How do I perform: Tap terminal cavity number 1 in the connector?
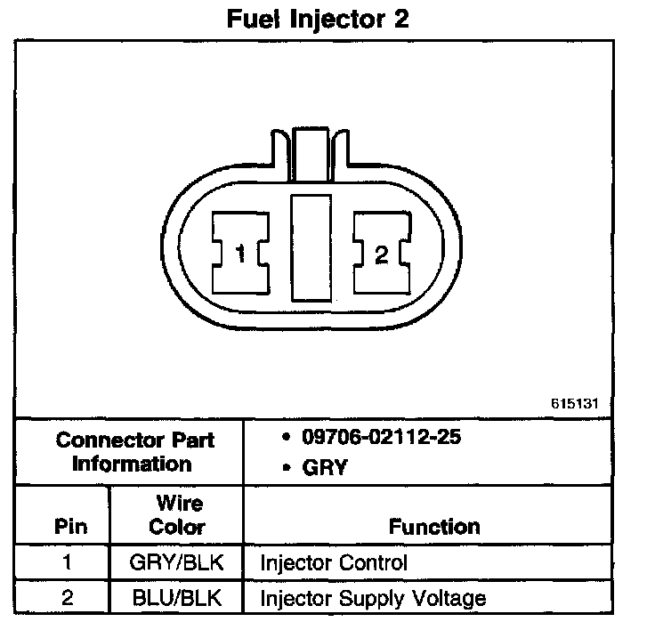pyautogui.click(x=240, y=255)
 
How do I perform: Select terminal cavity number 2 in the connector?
pyautogui.click(x=381, y=255)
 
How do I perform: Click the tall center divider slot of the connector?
pyautogui.click(x=311, y=246)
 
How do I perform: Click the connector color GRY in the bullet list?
pyautogui.click(x=325, y=468)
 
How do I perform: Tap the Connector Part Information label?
pyautogui.click(x=134, y=452)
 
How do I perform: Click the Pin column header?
pyautogui.click(x=71, y=526)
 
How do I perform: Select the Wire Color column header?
pyautogui.click(x=176, y=515)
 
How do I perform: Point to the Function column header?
pyautogui.click(x=434, y=526)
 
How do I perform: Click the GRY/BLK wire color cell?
pyautogui.click(x=176, y=563)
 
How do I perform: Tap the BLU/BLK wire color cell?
pyautogui.click(x=176, y=598)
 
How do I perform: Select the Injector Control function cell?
pyautogui.click(x=334, y=563)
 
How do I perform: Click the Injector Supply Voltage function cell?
pyautogui.click(x=373, y=598)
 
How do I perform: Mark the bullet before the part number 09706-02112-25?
pyautogui.click(x=284, y=438)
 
